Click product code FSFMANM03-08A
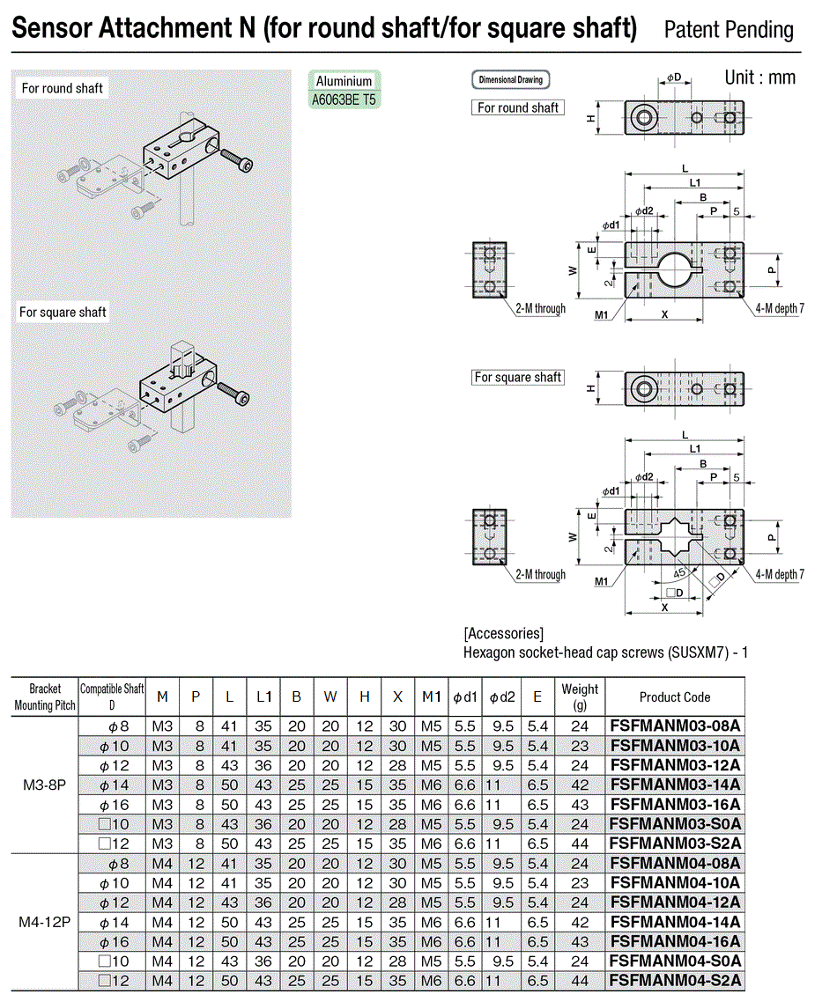pos(675,726)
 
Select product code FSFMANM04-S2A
pos(675,980)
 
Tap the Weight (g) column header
pos(580,696)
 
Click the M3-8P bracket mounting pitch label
pos(44,785)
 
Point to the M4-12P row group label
pos(44,922)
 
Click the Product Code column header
pos(675,697)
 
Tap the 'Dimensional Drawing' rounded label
pos(510,80)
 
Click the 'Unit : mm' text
pos(759,78)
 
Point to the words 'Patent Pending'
pos(729,30)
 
